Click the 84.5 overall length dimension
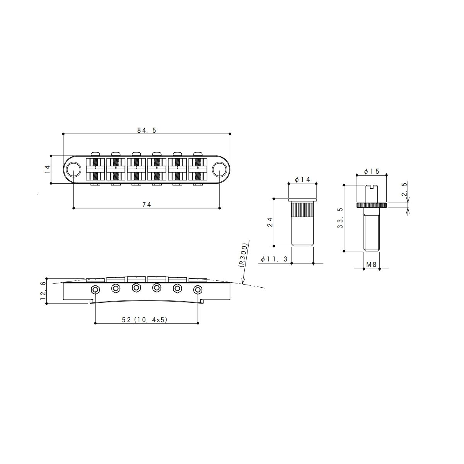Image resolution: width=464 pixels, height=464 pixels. [147, 130]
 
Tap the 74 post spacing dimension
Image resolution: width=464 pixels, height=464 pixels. [147, 205]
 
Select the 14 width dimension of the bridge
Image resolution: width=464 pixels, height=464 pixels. [48, 169]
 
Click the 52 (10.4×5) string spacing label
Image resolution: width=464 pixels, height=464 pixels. [145, 320]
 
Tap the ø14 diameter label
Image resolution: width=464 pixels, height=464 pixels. [302, 179]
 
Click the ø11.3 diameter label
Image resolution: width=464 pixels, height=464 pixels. [274, 259]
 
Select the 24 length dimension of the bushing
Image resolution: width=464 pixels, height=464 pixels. [270, 222]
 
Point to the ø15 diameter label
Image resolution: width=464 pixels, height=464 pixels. [372, 171]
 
